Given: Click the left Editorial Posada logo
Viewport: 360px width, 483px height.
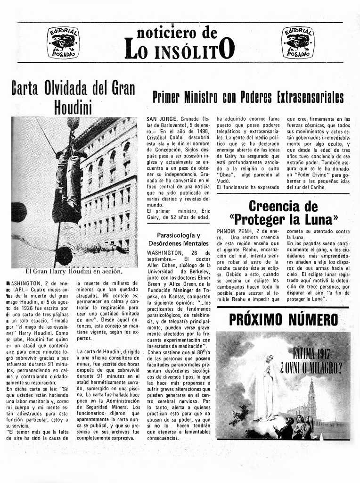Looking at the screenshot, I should (63, 42).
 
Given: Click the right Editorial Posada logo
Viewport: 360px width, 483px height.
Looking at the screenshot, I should (297, 42).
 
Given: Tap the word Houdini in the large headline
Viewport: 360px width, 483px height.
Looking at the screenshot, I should (73, 107).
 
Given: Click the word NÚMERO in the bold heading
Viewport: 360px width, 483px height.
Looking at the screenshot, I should (315, 320).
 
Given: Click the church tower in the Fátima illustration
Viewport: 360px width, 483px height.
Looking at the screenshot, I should (311, 399).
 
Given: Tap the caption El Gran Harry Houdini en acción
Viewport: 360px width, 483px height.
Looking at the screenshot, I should (74, 271).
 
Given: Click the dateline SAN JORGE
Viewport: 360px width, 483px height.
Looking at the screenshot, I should (162, 119).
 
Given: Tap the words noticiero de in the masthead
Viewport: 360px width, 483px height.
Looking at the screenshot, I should (177, 33).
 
